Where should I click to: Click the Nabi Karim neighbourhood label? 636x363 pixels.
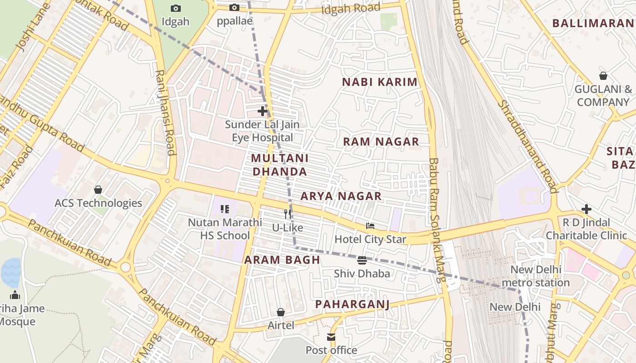[x=379, y=82]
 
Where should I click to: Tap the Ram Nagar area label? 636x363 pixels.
[x=381, y=142]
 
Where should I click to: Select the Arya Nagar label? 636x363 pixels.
[x=341, y=196]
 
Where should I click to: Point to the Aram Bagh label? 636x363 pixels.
[x=282, y=260]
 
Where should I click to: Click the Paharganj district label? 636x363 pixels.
[x=352, y=304]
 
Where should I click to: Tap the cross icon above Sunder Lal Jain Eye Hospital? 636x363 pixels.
[x=262, y=111]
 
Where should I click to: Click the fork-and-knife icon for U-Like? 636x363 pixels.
[x=287, y=214]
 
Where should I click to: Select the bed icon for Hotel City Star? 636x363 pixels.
[x=370, y=226]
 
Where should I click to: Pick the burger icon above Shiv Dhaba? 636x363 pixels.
[x=362, y=260]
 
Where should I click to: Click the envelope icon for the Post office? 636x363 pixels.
[x=331, y=337]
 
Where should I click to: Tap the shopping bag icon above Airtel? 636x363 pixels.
[x=281, y=312]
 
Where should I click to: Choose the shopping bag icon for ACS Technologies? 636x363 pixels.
[x=98, y=190]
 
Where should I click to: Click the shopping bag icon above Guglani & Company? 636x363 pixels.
[x=603, y=76]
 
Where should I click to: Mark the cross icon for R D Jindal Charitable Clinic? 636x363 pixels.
[x=586, y=209]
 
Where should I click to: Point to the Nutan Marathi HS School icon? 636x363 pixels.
[x=225, y=209]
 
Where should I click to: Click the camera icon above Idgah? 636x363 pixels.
[x=175, y=8]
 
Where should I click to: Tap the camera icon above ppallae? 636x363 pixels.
[x=234, y=7]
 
